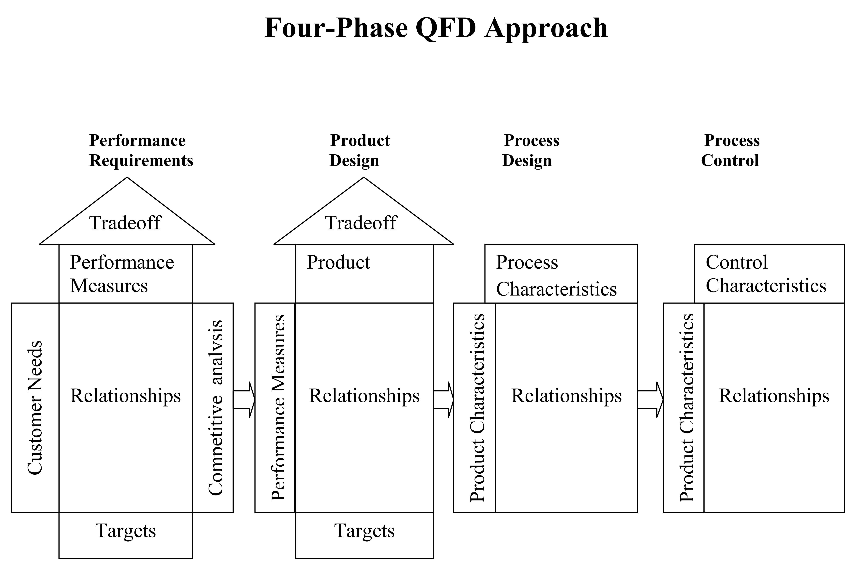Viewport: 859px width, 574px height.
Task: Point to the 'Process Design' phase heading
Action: (x=530, y=151)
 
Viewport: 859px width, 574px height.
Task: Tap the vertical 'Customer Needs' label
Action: (x=35, y=407)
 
